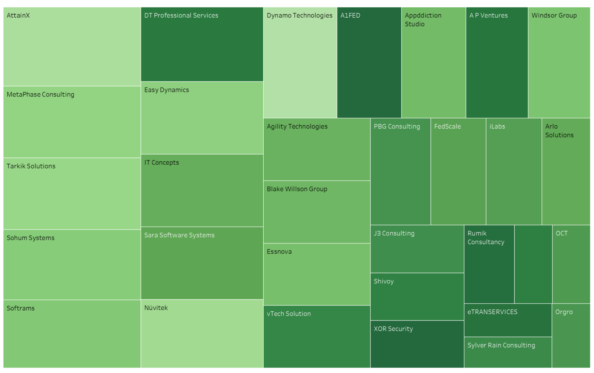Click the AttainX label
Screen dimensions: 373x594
click(18, 15)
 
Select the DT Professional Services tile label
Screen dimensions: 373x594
click(181, 15)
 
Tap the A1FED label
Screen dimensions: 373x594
click(350, 15)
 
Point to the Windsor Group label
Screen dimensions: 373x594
click(554, 15)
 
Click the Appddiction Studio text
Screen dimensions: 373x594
click(423, 20)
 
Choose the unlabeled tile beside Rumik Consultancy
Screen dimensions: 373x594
click(533, 264)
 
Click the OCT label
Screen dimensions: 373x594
click(562, 233)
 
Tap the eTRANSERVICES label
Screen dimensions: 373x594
click(492, 312)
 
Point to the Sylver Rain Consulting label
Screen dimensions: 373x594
click(501, 345)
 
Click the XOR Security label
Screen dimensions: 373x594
click(393, 329)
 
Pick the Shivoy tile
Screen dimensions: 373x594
click(417, 296)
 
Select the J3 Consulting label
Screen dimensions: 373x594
click(394, 233)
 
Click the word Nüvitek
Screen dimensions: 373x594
click(156, 308)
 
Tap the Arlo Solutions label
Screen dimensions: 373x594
click(559, 131)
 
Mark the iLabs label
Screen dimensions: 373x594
click(497, 126)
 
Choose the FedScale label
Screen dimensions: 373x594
click(447, 126)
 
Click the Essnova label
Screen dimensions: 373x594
click(279, 252)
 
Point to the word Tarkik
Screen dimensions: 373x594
click(16, 166)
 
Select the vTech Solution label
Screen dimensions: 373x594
click(289, 314)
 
